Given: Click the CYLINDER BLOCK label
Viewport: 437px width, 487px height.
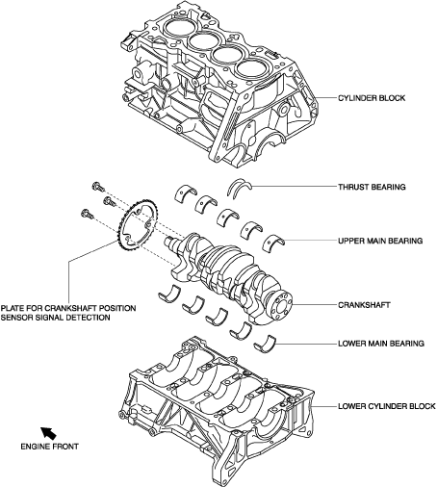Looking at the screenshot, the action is click(372, 98).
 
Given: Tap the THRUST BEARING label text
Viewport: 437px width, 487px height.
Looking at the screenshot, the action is click(372, 187).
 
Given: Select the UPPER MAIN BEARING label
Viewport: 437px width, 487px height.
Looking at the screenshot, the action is click(380, 241).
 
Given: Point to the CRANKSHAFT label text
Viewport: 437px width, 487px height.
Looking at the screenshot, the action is click(364, 304).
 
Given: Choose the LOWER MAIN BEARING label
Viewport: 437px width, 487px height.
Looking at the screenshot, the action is click(381, 344).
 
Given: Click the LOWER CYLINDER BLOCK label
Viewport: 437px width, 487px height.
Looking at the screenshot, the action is click(387, 406).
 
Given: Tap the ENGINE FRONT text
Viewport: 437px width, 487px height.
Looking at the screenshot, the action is click(49, 447).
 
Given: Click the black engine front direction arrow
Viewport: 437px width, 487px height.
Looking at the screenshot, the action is click(48, 433).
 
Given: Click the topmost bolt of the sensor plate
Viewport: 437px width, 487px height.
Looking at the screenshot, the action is click(98, 186).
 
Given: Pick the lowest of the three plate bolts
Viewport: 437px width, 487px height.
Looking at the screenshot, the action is click(88, 214).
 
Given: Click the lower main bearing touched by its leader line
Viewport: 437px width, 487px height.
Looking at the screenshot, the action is click(266, 345).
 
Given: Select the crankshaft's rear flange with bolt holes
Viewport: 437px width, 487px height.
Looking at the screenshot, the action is click(281, 304).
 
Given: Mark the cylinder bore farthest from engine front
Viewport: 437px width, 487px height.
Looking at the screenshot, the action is click(251, 70).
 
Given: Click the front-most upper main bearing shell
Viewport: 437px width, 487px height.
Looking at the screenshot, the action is click(186, 193).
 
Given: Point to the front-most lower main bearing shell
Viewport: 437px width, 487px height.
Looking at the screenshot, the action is click(169, 294).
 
